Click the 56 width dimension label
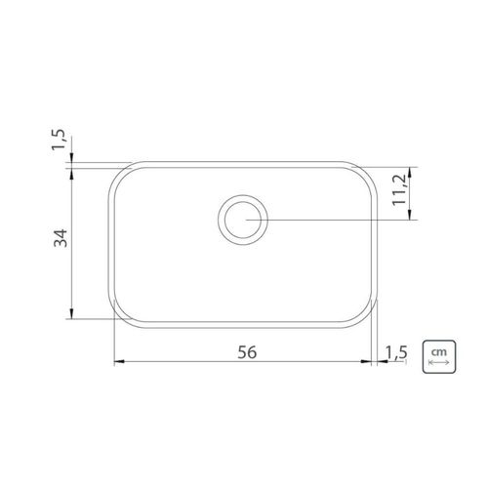coord(247,352)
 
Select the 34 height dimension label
coord(61,238)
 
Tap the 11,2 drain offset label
coord(399,189)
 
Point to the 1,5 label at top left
coord(59,140)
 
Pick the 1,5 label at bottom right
coord(396,352)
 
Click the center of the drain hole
coord(243,220)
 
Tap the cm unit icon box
coord(439,357)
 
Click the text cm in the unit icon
coord(438,352)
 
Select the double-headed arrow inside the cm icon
coord(439,362)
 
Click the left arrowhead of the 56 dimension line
coord(118,361)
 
